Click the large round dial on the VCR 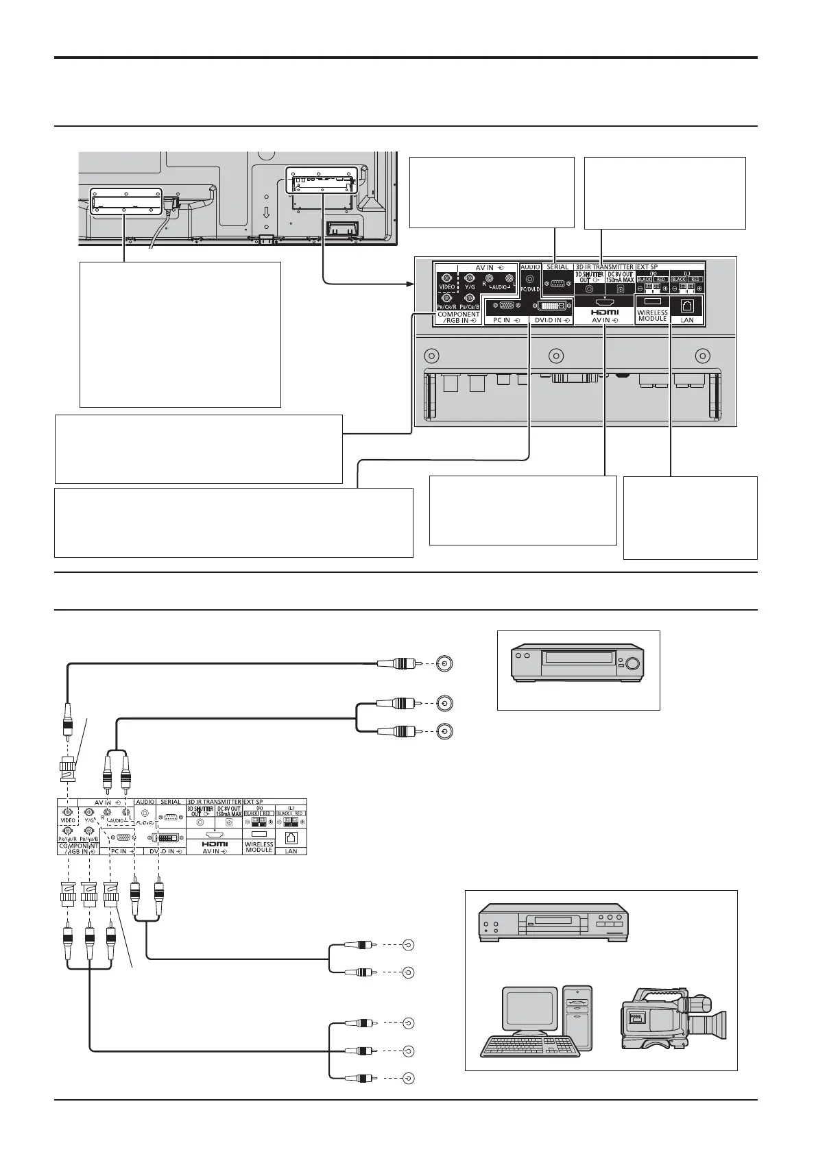pos(632,663)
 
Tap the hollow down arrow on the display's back pos(265,208)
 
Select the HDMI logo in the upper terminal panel pos(605,312)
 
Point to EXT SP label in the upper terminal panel pos(651,267)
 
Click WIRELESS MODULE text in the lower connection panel pos(259,847)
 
